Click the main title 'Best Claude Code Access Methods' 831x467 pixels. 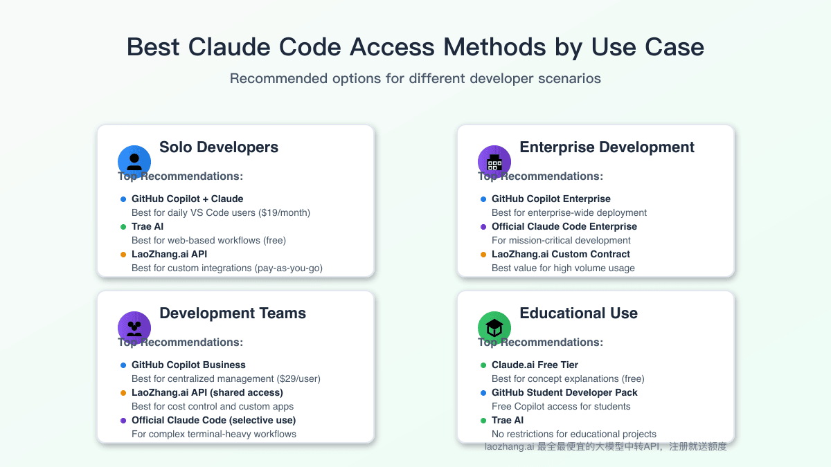pos(415,47)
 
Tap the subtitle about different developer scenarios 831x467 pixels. pos(415,78)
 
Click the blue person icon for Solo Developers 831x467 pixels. pos(134,162)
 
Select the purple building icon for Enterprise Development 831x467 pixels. pos(494,162)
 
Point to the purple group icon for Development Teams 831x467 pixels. pos(134,328)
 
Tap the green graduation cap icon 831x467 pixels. pos(494,328)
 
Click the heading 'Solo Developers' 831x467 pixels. pos(219,147)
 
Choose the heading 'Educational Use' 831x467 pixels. pos(578,313)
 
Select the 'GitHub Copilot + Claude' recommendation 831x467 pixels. pos(187,199)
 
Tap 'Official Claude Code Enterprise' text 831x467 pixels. pos(564,226)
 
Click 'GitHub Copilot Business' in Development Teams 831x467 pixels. pos(188,365)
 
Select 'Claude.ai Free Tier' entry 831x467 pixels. pos(535,365)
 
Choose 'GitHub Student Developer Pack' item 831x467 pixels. pos(564,392)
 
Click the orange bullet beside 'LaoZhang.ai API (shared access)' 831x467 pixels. pos(123,392)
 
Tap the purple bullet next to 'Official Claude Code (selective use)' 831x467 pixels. pos(123,420)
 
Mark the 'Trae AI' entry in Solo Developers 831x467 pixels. pos(148,226)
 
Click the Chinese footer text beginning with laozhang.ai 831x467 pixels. pos(605,447)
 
